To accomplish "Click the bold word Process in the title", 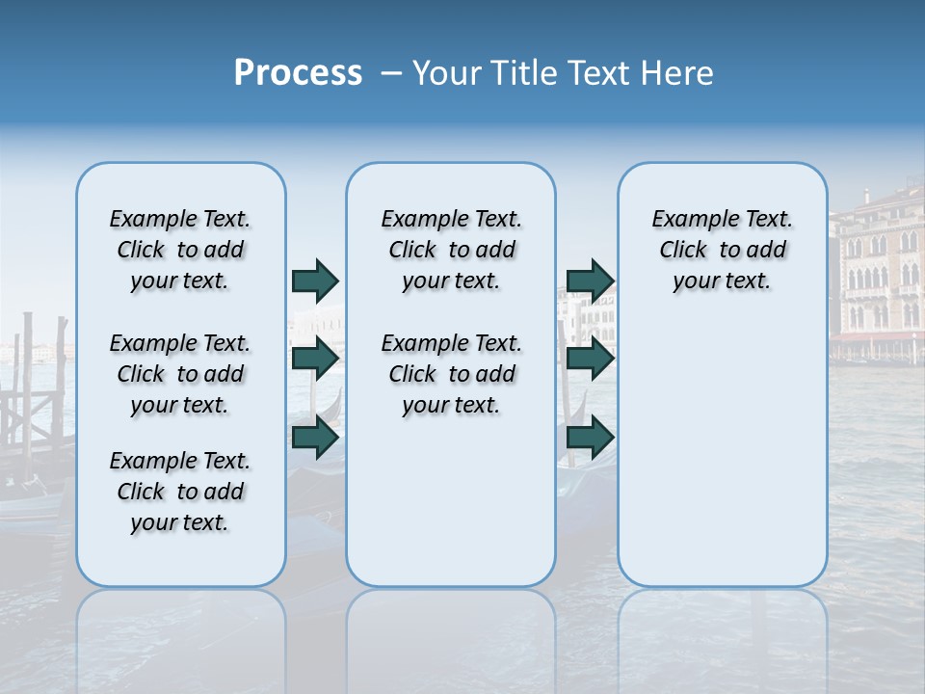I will (x=298, y=73).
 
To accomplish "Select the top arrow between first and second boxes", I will (x=315, y=280).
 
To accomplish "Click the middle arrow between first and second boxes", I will (x=315, y=359).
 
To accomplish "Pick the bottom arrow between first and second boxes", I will (x=315, y=438).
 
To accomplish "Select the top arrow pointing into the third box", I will (x=591, y=280).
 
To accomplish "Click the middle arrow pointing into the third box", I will (x=591, y=359).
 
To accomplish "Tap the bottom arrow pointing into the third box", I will (x=591, y=438).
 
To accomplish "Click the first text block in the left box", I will (x=180, y=250).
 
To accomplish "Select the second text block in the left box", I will (x=180, y=374).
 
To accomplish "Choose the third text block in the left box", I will (x=180, y=492).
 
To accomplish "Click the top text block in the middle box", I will (x=451, y=250).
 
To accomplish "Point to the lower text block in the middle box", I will (x=451, y=374).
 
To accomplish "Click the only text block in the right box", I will (x=722, y=250).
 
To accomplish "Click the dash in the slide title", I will (x=391, y=73).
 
